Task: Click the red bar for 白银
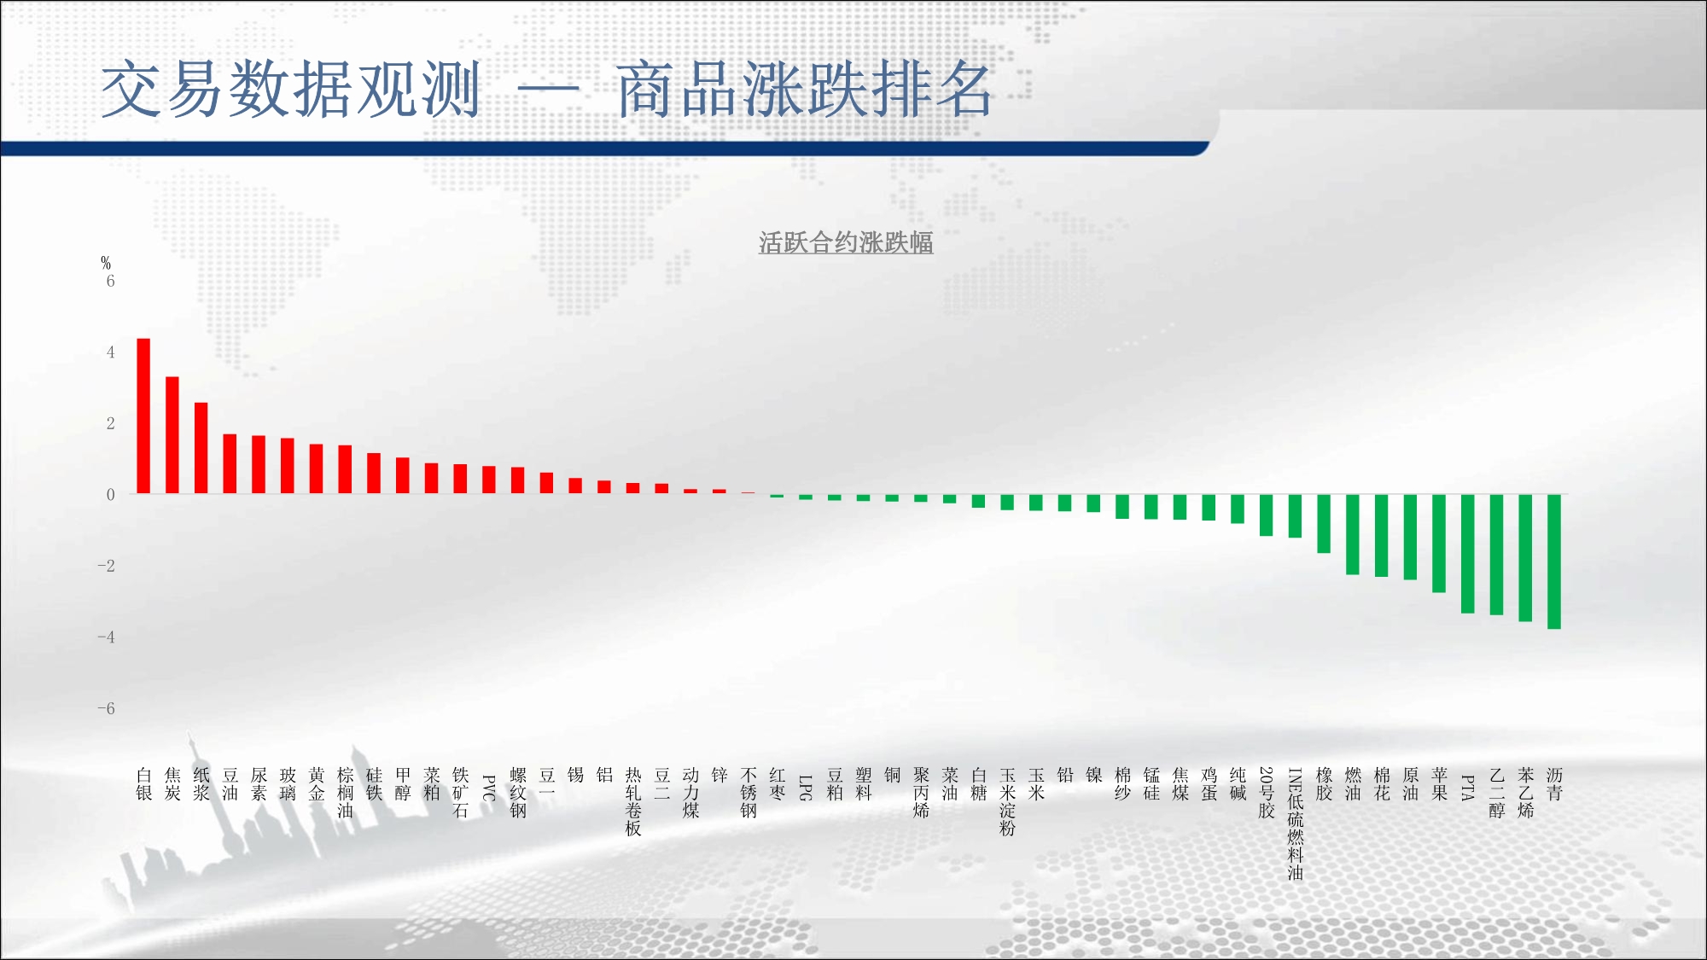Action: (143, 416)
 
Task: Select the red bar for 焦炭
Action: (172, 435)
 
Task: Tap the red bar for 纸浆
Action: (201, 448)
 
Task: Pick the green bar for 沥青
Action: (1554, 561)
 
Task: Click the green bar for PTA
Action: (1468, 554)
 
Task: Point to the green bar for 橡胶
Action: (1324, 524)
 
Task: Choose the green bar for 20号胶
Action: (1267, 515)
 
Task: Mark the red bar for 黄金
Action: (317, 469)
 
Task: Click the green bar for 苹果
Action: (1439, 544)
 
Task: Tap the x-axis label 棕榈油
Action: (345, 793)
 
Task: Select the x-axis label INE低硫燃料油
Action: (1296, 823)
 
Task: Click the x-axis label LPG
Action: (806, 788)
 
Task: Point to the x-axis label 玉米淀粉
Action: (1008, 801)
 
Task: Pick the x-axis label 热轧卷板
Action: (633, 801)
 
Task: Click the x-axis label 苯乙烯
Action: (1526, 793)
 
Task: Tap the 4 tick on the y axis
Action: (110, 352)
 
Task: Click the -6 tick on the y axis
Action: (106, 708)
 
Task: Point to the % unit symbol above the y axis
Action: (106, 263)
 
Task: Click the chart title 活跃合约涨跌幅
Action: (846, 243)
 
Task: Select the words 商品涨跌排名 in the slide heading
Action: (805, 89)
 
